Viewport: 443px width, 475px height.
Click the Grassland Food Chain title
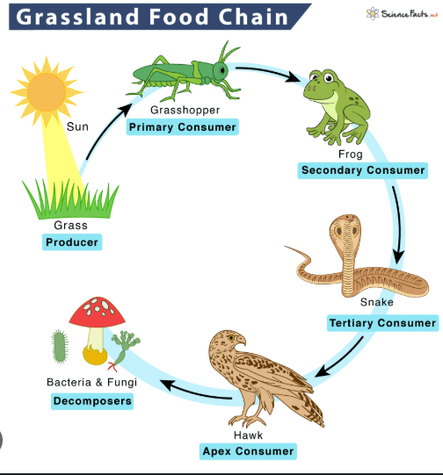[x=151, y=17]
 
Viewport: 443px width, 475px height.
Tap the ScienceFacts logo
[x=402, y=14]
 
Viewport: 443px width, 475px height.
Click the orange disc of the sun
[x=47, y=92]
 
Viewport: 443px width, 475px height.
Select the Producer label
[x=72, y=242]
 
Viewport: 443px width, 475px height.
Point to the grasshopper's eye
[x=222, y=70]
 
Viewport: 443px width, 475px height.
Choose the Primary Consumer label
[x=182, y=127]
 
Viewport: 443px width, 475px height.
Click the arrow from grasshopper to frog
[x=267, y=73]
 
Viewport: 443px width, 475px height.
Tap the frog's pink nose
[x=311, y=89]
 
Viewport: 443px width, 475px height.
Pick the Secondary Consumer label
[x=363, y=170]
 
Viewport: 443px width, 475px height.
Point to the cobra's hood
[x=345, y=230]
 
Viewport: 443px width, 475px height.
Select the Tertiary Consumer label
[x=382, y=323]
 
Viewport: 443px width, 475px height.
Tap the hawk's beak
[x=242, y=340]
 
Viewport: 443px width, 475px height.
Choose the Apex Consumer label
[x=248, y=451]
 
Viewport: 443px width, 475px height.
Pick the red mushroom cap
[x=97, y=312]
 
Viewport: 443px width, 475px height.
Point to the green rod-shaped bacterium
[x=60, y=346]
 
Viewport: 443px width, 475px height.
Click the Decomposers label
[x=92, y=401]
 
